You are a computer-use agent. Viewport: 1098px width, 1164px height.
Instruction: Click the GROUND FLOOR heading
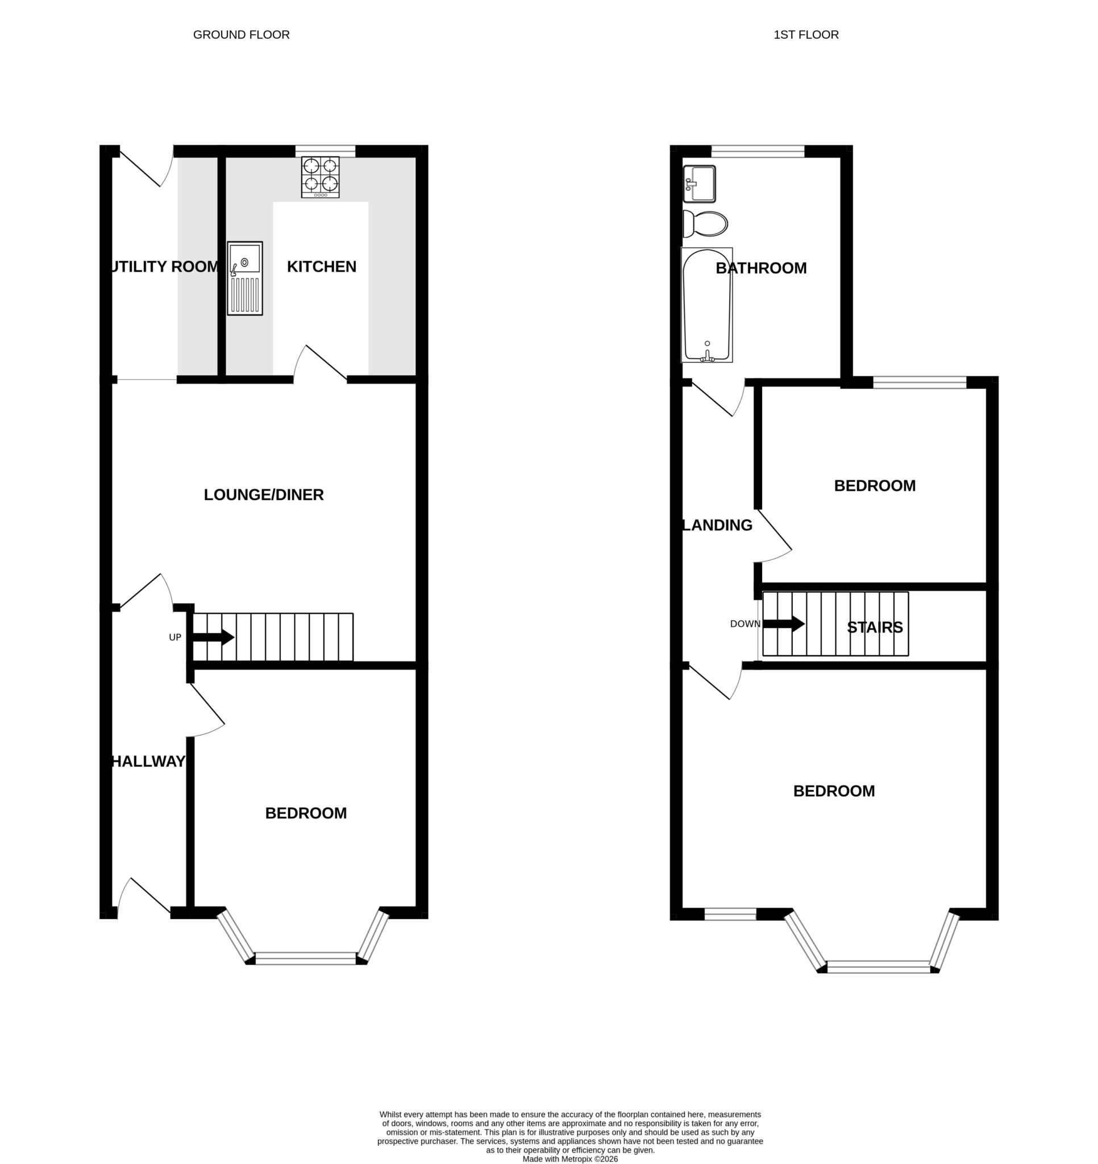242,35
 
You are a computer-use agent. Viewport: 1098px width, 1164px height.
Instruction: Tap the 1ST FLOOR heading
806,35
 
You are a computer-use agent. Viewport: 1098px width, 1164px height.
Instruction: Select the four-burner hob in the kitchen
321,177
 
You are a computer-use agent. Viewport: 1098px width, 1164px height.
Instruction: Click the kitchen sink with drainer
246,278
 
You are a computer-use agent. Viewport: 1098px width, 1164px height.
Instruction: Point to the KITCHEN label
322,267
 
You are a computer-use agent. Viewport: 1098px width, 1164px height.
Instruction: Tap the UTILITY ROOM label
165,267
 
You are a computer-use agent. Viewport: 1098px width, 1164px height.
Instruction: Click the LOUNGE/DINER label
264,495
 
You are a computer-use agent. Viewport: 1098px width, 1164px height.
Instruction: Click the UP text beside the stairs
175,637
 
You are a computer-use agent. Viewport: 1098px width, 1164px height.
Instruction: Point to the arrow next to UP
214,637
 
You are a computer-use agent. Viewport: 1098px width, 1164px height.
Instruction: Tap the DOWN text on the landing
745,623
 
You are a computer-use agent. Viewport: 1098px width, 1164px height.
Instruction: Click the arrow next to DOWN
784,623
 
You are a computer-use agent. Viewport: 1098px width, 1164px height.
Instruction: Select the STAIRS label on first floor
875,627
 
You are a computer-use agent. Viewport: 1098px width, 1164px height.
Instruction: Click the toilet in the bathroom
706,224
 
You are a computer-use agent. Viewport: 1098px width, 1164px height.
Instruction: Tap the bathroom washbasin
699,183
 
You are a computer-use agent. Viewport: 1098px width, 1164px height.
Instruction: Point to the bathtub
707,305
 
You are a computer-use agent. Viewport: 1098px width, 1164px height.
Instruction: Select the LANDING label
718,525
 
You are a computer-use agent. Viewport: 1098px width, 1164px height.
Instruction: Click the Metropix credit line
570,1158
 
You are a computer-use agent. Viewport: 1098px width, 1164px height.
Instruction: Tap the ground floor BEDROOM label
306,813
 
